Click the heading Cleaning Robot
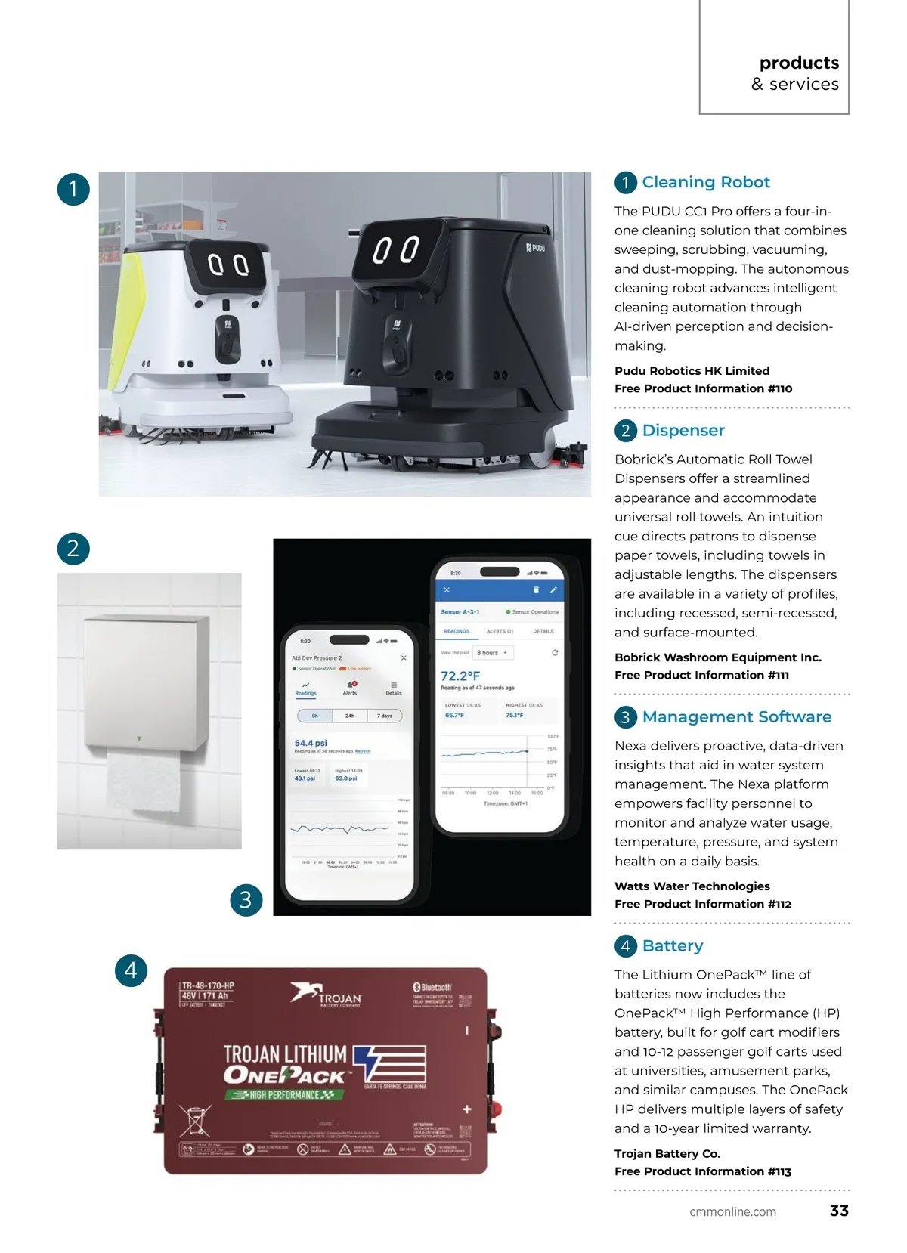point(706,182)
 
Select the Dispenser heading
point(683,430)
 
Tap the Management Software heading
point(736,716)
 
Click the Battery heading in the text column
point(672,945)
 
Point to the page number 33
point(839,1210)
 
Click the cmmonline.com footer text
point(732,1211)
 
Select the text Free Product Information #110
point(703,388)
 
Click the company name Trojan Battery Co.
point(667,1153)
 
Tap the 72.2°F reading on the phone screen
point(460,676)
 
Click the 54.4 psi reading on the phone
point(311,743)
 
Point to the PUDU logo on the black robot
point(535,247)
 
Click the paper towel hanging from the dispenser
point(144,781)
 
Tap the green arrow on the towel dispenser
point(138,738)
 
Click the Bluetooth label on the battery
point(433,987)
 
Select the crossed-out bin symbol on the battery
point(195,1121)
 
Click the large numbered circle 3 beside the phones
point(246,899)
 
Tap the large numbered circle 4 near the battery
point(131,970)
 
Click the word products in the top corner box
point(799,63)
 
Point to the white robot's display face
point(228,265)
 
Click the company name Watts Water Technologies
point(692,886)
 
